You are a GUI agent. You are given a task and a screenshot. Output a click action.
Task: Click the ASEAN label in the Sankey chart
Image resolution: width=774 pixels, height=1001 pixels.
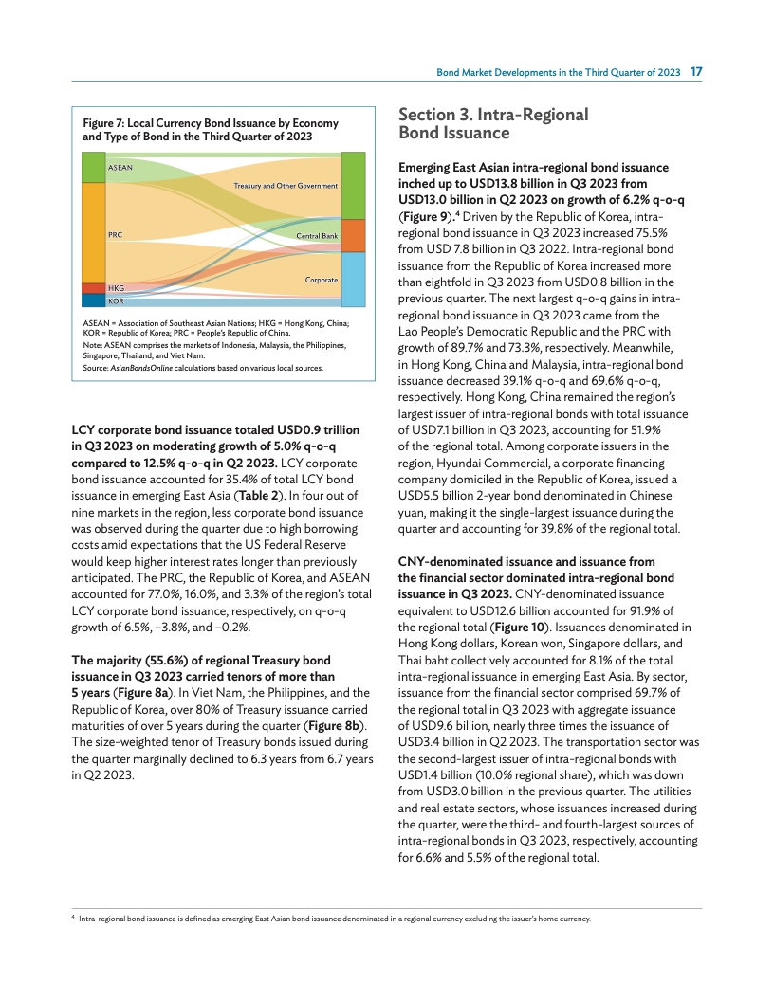(x=120, y=168)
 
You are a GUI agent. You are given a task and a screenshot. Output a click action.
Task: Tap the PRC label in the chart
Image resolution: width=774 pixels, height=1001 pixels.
(x=115, y=234)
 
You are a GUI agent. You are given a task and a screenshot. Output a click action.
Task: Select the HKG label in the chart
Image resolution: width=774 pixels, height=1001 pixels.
(x=116, y=287)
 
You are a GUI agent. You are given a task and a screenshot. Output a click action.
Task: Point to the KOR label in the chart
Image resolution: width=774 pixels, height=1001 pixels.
(x=116, y=300)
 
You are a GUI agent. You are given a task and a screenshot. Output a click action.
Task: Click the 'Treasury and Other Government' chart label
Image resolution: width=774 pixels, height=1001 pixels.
(x=286, y=186)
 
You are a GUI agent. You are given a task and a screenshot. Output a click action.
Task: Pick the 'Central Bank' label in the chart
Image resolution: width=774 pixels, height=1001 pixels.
(x=317, y=235)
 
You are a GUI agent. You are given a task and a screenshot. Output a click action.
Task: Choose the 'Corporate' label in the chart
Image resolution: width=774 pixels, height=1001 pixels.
(x=322, y=281)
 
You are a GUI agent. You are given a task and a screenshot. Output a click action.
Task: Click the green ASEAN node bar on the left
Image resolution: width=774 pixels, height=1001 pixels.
(x=93, y=167)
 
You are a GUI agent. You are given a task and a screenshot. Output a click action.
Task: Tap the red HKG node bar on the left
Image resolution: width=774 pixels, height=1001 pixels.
(x=93, y=288)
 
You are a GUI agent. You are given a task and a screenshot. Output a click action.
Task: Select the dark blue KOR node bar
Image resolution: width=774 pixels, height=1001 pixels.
(x=93, y=300)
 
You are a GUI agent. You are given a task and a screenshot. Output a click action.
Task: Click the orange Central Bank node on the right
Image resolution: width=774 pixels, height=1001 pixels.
(x=352, y=235)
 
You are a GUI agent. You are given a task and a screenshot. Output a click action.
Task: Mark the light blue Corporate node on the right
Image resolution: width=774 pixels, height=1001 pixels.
(x=352, y=279)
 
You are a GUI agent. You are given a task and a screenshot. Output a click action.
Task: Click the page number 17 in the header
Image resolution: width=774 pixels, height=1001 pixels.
(x=695, y=72)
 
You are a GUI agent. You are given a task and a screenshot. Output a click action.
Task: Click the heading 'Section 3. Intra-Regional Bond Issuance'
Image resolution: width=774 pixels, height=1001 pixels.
(x=493, y=124)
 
